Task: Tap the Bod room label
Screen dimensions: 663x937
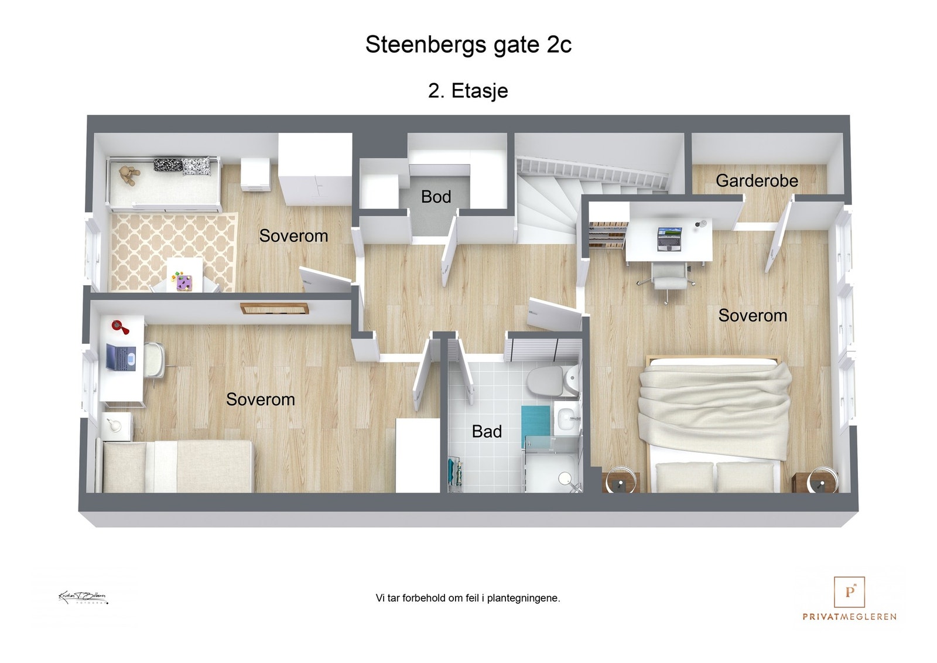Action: click(x=436, y=197)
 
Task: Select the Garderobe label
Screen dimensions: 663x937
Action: click(x=757, y=180)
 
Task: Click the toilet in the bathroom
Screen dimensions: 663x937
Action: click(x=546, y=381)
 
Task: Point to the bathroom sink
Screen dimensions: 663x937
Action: click(x=566, y=419)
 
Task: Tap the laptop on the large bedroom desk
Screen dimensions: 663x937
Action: click(x=669, y=238)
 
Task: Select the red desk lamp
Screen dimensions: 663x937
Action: click(x=119, y=326)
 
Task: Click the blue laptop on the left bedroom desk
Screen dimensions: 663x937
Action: click(x=121, y=357)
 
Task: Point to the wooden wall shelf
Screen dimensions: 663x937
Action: click(x=274, y=308)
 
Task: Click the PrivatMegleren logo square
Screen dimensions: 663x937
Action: click(x=849, y=592)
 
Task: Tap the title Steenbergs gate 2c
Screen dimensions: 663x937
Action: click(x=468, y=45)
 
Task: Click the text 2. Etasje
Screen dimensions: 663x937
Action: click(x=468, y=91)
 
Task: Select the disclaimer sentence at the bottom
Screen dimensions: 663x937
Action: click(x=468, y=598)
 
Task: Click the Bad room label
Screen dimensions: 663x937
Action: click(x=487, y=432)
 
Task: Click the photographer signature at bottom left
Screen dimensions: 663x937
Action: click(x=83, y=597)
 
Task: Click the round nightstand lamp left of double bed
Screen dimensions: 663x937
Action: click(x=618, y=479)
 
